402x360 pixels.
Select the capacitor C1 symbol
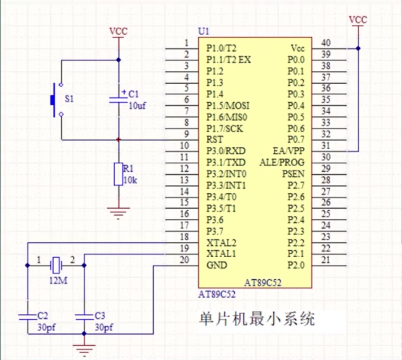tap(118, 100)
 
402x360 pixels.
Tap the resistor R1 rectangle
tap(118, 174)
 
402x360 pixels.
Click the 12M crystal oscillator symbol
tap(56, 266)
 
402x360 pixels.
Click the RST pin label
tap(215, 139)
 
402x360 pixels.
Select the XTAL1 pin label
tap(221, 254)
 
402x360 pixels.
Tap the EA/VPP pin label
tap(288, 151)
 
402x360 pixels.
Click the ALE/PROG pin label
tap(282, 163)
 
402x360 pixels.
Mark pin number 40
tap(326, 43)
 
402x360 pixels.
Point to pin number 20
tap(184, 260)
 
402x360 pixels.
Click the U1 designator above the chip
tap(203, 31)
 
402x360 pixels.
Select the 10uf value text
tap(137, 105)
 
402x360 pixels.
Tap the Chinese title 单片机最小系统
tap(257, 319)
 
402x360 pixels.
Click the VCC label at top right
tap(358, 20)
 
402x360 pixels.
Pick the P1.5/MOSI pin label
tap(228, 105)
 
